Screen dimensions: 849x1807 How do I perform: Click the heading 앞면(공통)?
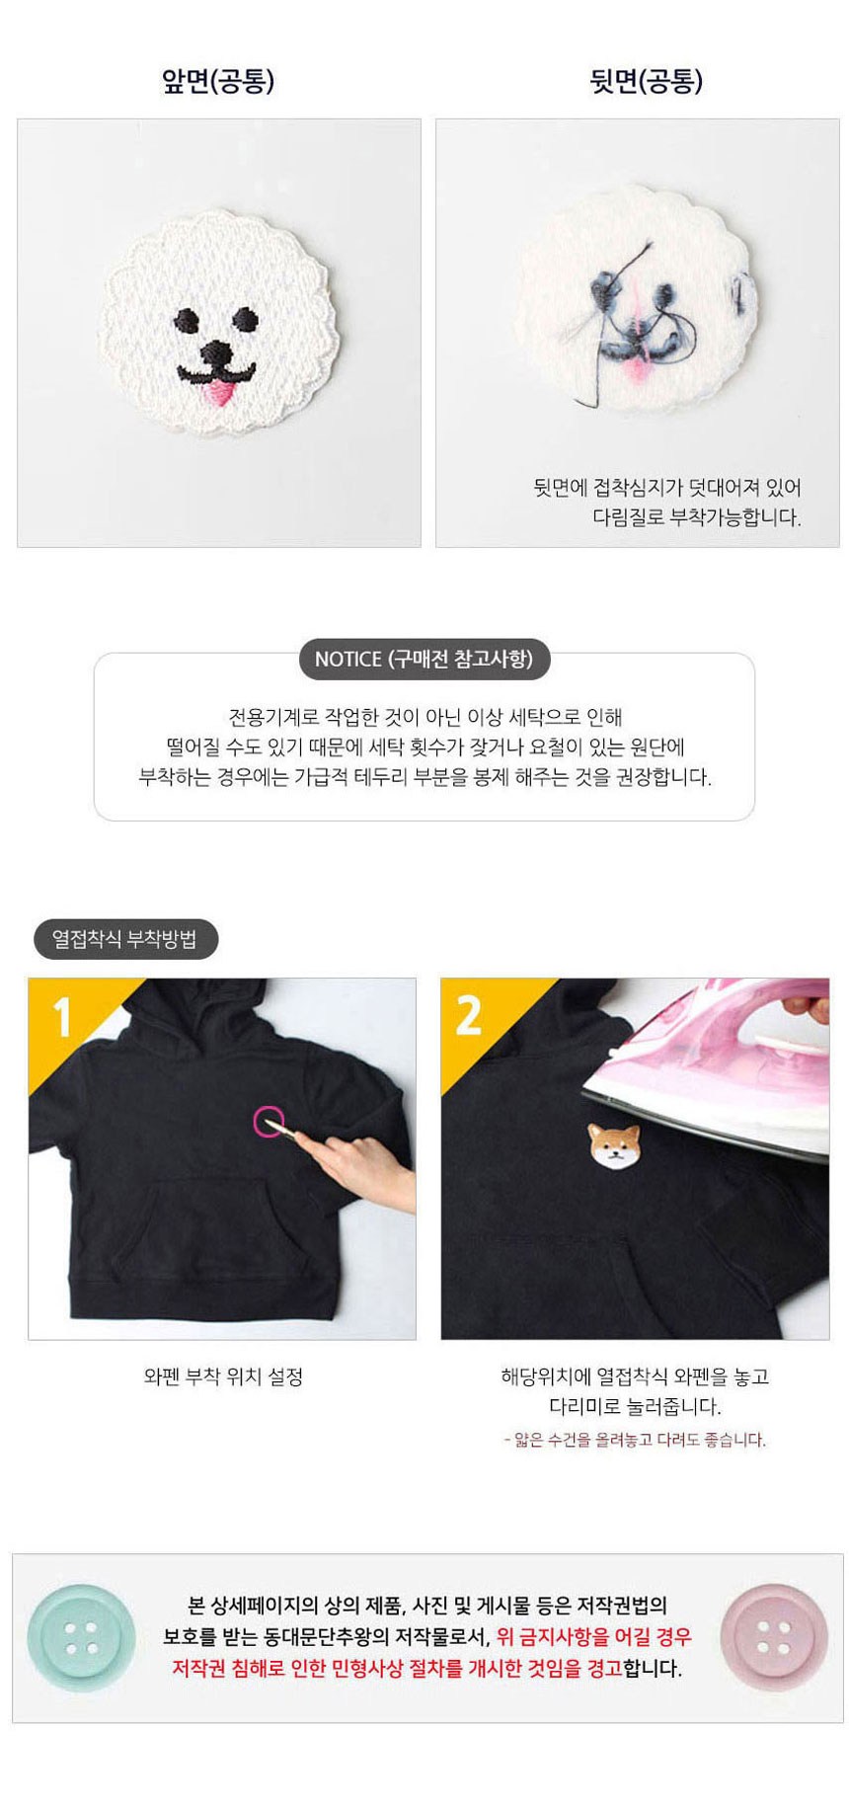click(217, 81)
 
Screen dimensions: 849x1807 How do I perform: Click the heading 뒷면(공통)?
click(646, 81)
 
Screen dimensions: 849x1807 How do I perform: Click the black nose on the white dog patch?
click(218, 354)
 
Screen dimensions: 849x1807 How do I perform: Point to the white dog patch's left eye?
click(187, 321)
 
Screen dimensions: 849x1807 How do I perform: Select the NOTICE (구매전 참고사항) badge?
click(424, 659)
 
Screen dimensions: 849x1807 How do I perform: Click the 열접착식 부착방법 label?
click(124, 938)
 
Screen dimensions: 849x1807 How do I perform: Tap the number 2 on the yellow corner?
click(468, 1016)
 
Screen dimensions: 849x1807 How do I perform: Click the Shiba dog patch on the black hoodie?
click(615, 1146)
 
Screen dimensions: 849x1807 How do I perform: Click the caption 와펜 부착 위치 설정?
click(223, 1375)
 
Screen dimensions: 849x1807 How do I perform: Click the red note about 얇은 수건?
click(635, 1439)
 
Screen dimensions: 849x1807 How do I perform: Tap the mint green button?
click(81, 1638)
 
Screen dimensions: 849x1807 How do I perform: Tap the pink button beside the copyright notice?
click(774, 1638)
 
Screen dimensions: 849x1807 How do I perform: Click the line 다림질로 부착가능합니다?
click(697, 516)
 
